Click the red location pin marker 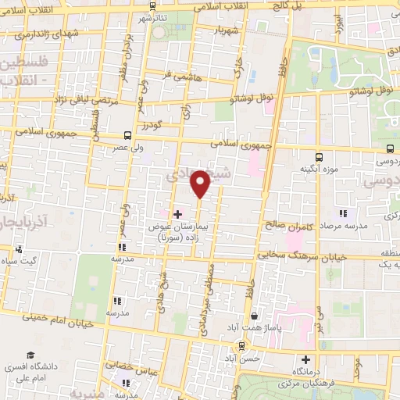coord(201,184)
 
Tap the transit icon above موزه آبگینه coord(318,155)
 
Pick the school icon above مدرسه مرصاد coord(342,212)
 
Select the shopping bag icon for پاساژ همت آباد coord(255,316)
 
